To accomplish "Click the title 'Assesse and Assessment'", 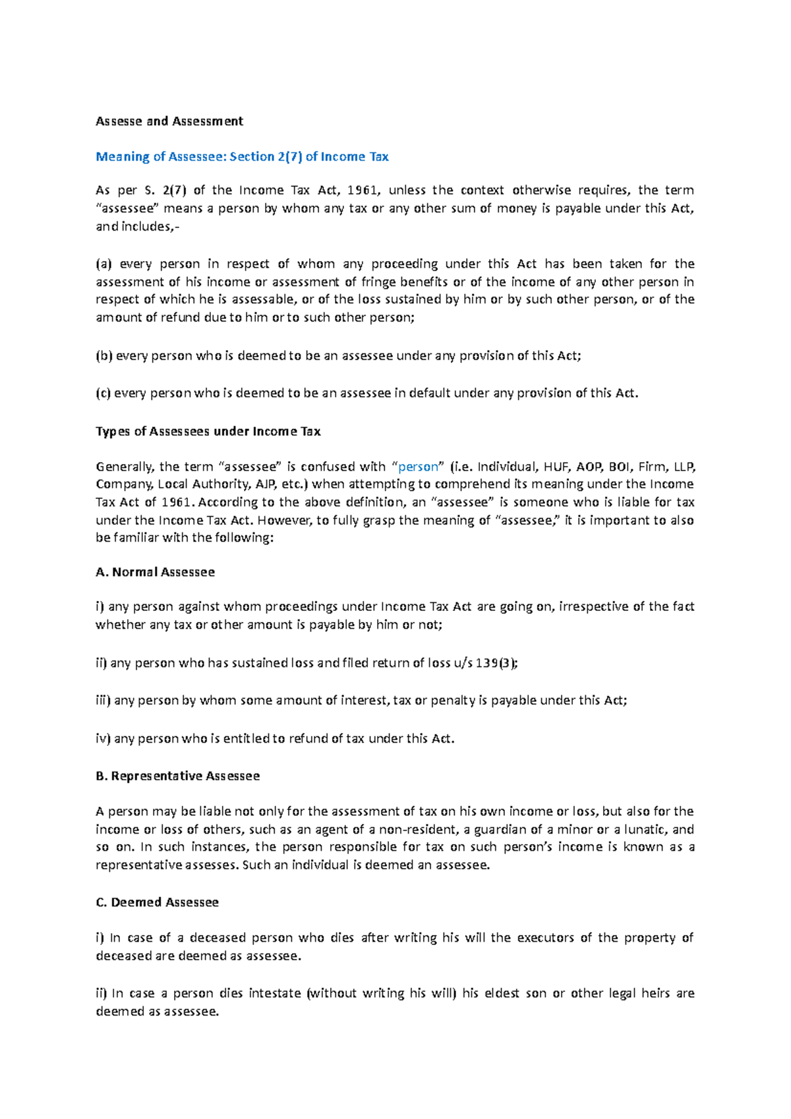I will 169,121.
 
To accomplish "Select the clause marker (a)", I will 104,264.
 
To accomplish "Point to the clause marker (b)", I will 104,356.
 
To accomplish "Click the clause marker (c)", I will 103,393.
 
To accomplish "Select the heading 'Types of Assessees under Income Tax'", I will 208,432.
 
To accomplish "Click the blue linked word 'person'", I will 418,467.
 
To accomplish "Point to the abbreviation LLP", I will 684,467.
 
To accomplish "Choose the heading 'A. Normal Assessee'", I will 156,572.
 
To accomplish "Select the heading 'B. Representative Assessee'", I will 178,776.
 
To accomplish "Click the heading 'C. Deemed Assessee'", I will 158,903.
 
